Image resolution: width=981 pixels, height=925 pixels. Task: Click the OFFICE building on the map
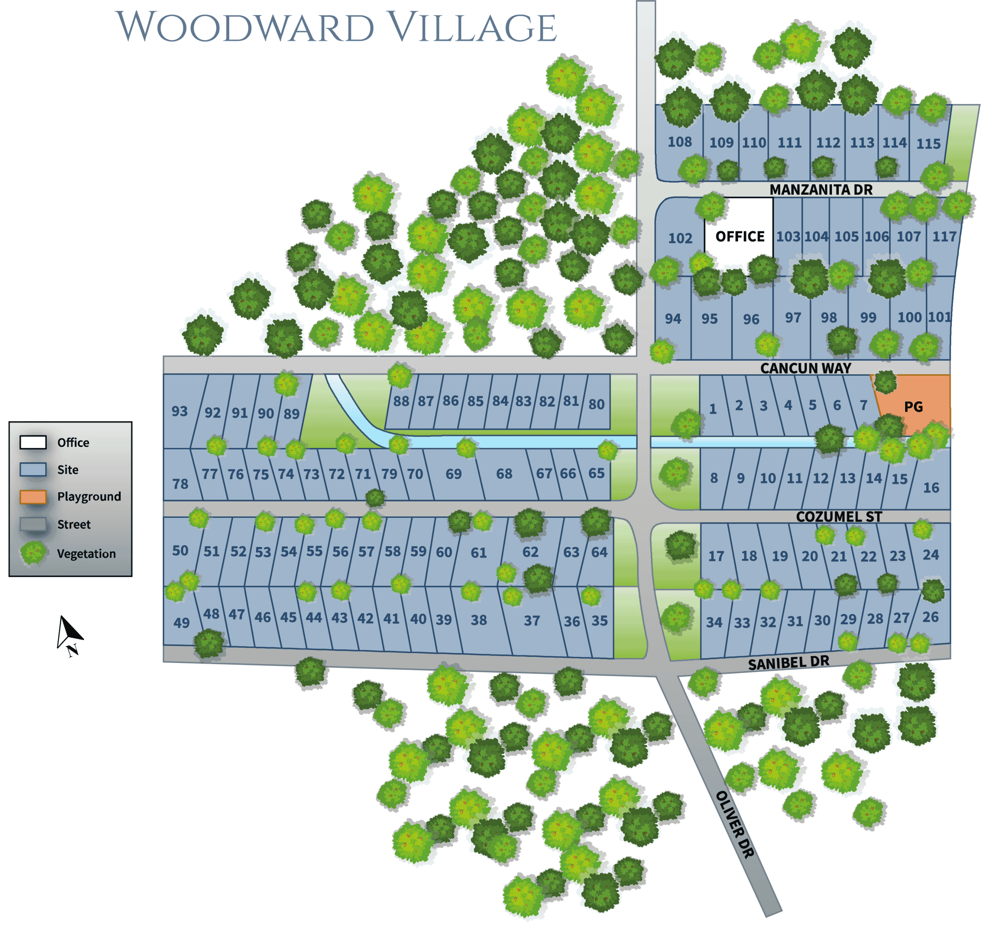[739, 236]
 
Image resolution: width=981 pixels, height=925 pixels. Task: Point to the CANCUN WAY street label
[805, 368]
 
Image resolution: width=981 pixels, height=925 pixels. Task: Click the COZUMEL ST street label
[839, 517]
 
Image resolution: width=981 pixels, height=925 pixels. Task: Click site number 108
[679, 142]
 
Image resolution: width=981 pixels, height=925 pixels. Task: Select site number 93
[180, 411]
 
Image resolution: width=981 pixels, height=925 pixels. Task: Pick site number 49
[181, 622]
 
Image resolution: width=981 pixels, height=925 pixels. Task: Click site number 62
[530, 552]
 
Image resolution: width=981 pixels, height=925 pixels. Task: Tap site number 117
[944, 237]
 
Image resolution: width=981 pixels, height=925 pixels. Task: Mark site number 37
[532, 620]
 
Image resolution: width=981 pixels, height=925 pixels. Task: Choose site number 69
[453, 473]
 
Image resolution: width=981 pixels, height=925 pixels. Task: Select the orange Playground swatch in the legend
[33, 496]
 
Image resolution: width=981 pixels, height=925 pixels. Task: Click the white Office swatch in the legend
[33, 442]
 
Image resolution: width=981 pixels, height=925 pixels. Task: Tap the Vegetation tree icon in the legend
[33, 553]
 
